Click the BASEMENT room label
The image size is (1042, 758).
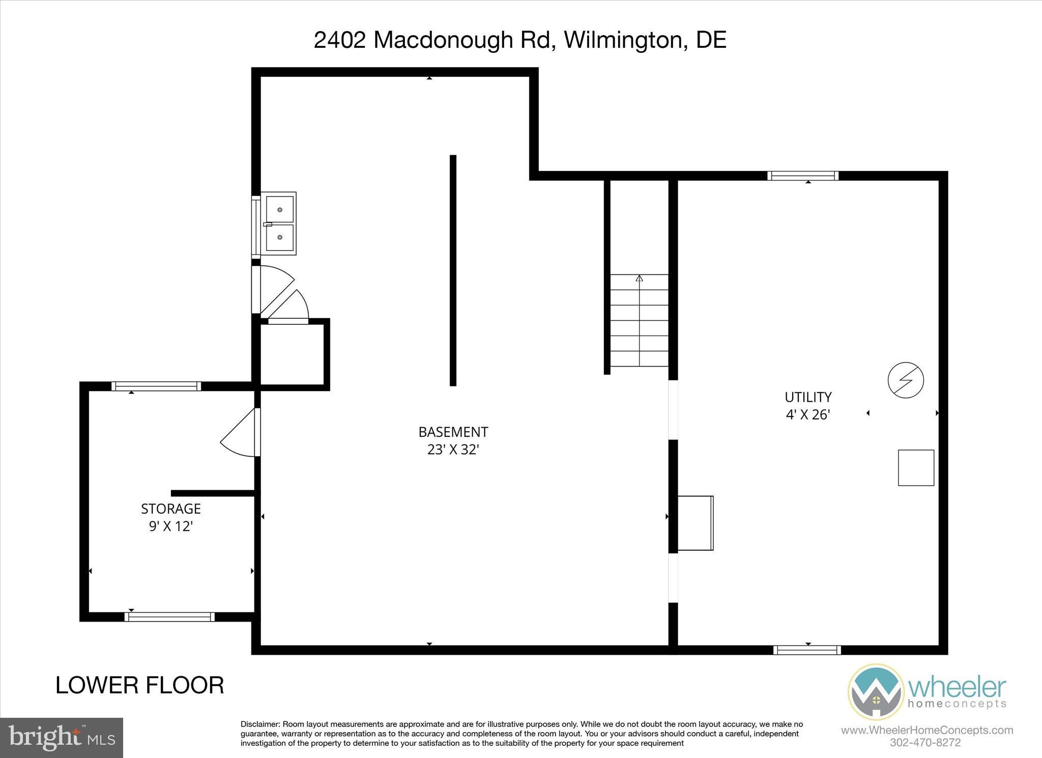pyautogui.click(x=453, y=432)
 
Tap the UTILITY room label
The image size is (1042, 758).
pyautogui.click(x=808, y=397)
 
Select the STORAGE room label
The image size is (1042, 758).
pyautogui.click(x=171, y=509)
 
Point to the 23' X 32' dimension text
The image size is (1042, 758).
pyautogui.click(x=453, y=450)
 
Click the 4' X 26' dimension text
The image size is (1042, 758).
pyautogui.click(x=808, y=414)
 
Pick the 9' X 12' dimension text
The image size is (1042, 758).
pyautogui.click(x=171, y=526)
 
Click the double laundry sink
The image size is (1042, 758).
pyautogui.click(x=279, y=223)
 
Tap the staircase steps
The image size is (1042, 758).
pyautogui.click(x=639, y=320)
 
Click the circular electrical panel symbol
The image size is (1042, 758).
pyautogui.click(x=906, y=380)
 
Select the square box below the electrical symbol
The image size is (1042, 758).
pyautogui.click(x=916, y=467)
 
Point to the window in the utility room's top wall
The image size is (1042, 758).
pyautogui.click(x=803, y=176)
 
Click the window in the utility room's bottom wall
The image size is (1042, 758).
pyautogui.click(x=807, y=650)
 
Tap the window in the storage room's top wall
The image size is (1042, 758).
pyautogui.click(x=156, y=386)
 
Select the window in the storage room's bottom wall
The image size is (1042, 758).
pyautogui.click(x=169, y=617)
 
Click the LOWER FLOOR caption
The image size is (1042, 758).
pyautogui.click(x=139, y=685)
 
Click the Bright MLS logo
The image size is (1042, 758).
pyautogui.click(x=62, y=738)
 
